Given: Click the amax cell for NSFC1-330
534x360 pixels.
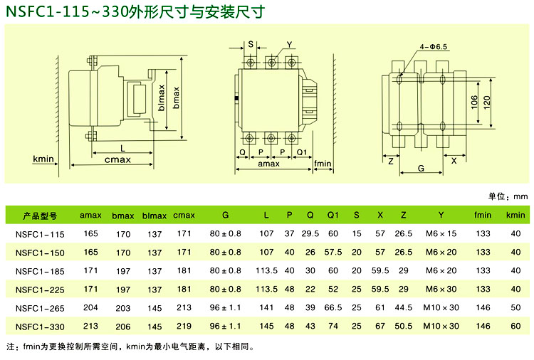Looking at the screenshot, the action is coord(90,326).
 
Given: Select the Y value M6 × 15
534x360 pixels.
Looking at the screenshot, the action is coord(441,234).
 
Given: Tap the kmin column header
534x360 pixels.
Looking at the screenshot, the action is coord(515,215).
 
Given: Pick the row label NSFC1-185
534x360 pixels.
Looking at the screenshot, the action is coord(40,271).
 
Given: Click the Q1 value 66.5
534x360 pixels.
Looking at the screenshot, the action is coord(333,307).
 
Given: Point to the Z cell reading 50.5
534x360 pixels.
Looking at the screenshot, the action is coord(404,326).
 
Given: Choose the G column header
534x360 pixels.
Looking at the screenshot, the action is coord(225,215).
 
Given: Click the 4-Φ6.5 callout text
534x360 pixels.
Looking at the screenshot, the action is coord(433,47).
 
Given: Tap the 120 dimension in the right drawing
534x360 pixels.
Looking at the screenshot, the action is coord(487,102).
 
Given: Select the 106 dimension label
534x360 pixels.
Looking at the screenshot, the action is coord(474,102).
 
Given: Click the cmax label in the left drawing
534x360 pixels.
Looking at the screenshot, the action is coord(117,159).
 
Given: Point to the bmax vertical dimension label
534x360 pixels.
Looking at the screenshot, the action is coord(176,97).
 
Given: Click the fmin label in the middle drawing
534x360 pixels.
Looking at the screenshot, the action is coord(323,164).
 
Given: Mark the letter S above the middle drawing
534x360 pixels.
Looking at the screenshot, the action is coord(251,44).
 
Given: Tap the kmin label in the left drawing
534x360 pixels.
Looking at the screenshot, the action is coord(43,159).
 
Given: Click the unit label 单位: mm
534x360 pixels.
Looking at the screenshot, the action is coord(508,196).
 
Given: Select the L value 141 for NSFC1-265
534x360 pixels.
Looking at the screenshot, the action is coord(266,307).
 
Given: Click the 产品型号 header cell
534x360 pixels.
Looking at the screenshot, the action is coord(40,216).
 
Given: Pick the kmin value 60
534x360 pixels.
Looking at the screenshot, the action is coord(515,326).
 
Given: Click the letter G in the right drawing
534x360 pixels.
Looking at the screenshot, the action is coord(421,168).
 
